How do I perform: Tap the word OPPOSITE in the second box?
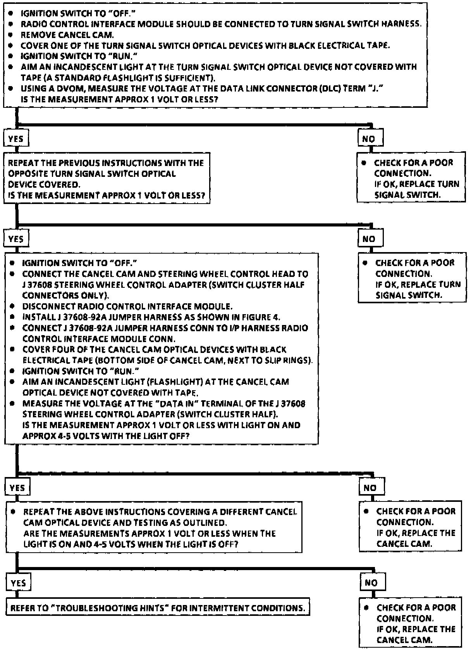(26, 174)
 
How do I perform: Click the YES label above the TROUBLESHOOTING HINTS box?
(18, 583)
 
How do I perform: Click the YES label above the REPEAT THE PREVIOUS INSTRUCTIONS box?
(16, 139)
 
